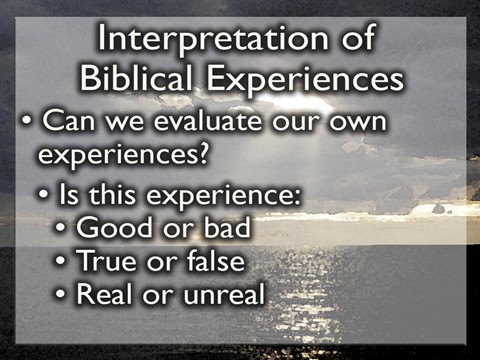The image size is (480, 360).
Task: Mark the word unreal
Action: pos(231,295)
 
